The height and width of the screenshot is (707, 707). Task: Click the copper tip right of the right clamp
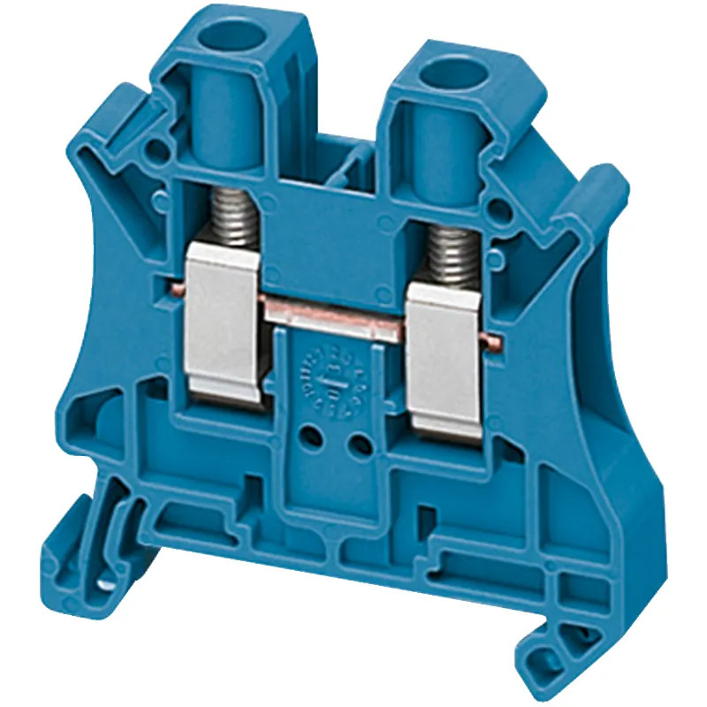494,340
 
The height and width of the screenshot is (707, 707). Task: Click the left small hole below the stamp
310,434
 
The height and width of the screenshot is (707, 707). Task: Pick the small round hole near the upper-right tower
501,209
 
